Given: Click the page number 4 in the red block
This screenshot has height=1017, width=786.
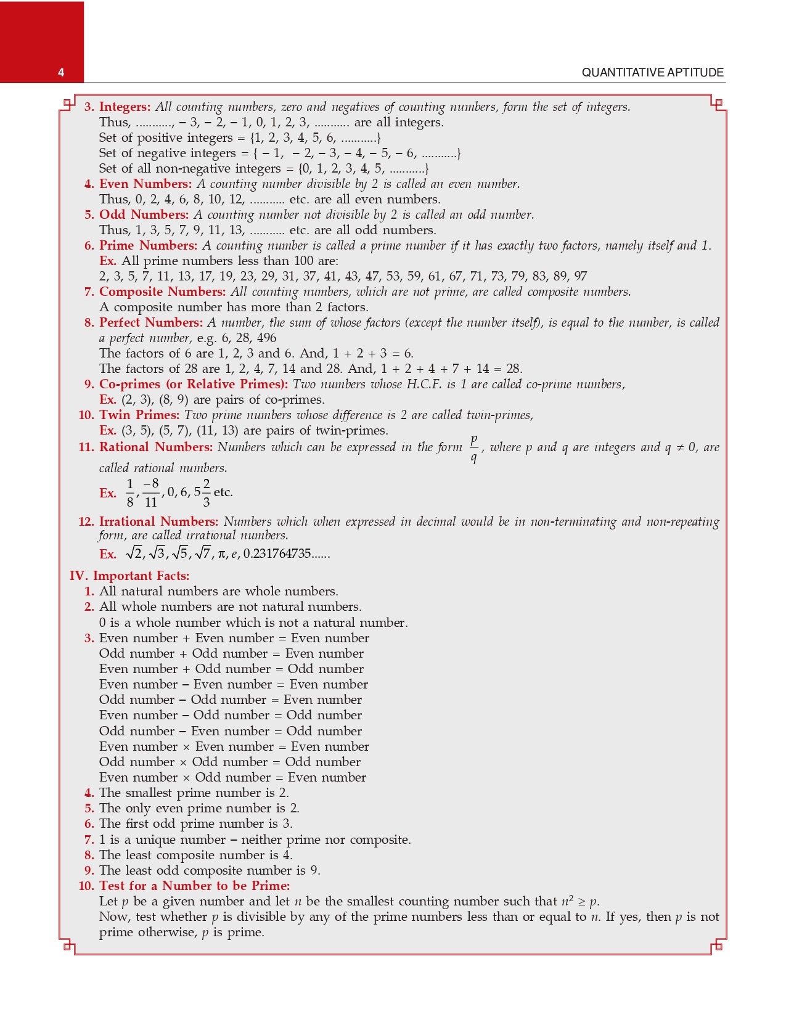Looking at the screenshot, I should point(61,73).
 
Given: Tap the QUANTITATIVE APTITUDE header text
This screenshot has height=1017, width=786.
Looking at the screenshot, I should point(652,73).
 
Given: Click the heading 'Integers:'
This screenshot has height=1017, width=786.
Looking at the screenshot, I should point(125,107).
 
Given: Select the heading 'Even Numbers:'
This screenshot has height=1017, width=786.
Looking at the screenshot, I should point(145,184).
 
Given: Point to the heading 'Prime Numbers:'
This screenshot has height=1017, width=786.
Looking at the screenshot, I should point(148,246).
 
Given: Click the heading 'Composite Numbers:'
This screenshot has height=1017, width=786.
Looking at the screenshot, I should point(162,292).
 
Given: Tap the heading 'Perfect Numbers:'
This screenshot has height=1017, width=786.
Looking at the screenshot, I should point(150,323).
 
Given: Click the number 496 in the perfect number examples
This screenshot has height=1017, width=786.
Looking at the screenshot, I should point(266,338).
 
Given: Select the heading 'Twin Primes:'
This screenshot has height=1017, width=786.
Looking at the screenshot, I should point(139,415).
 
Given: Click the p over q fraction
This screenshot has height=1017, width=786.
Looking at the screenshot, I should point(473,448).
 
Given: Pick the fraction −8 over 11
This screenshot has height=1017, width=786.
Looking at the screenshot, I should point(151,492).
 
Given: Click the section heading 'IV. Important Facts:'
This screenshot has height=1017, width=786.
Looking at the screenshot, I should point(129,576).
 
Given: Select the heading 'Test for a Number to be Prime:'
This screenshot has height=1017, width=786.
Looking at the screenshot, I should point(194,886).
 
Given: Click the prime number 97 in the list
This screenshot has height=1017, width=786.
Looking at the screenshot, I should point(579,277).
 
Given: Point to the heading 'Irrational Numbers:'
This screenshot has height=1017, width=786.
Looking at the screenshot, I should point(158,522).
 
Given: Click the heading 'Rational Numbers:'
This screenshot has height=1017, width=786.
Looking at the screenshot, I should point(155,447).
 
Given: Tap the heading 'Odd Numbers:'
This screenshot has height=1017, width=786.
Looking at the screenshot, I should point(144,215).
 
